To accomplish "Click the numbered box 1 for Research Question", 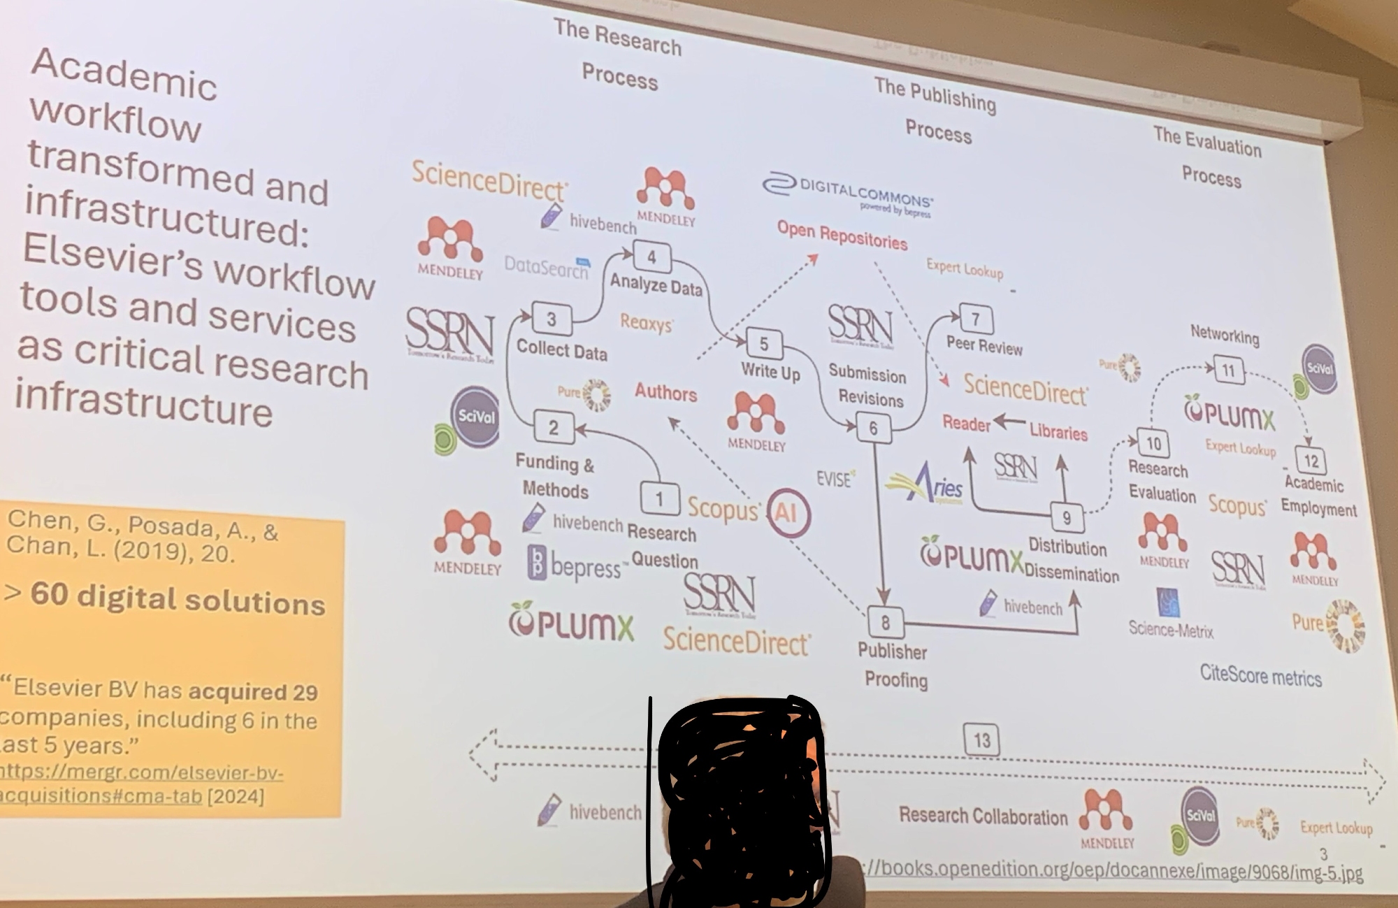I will (659, 498).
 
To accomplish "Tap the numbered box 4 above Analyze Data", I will (651, 257).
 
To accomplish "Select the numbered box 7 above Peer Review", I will (976, 320).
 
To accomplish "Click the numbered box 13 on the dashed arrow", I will (981, 740).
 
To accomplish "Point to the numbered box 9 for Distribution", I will (1067, 518).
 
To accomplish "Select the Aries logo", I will (927, 483).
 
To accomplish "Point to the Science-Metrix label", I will (1171, 630).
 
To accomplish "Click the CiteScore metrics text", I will (1260, 675).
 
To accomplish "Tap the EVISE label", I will (835, 480).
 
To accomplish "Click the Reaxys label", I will (647, 324).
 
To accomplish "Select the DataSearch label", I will (547, 266).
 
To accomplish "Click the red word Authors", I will (665, 393).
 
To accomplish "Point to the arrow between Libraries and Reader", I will (1009, 422).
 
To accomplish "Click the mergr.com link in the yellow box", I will (140, 784).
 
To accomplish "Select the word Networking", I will (1225, 336).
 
